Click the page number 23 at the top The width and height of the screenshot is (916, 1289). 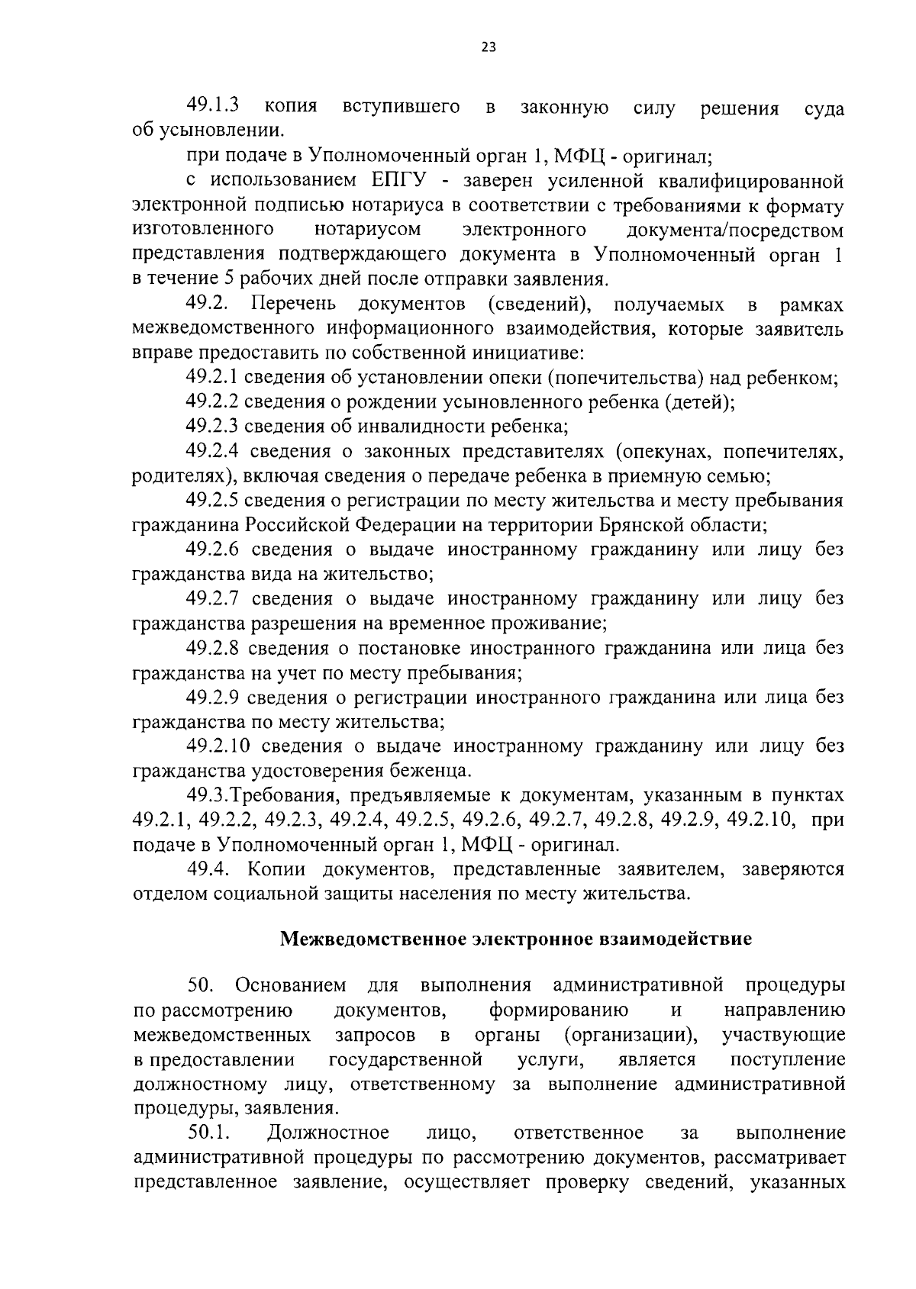489,47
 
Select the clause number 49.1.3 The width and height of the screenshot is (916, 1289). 214,105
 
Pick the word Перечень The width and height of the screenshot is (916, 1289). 294,305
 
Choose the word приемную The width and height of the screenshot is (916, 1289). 659,477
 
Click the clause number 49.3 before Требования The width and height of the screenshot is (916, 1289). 208,796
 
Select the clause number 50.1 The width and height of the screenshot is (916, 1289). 210,1133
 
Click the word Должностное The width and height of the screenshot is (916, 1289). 328,1133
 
